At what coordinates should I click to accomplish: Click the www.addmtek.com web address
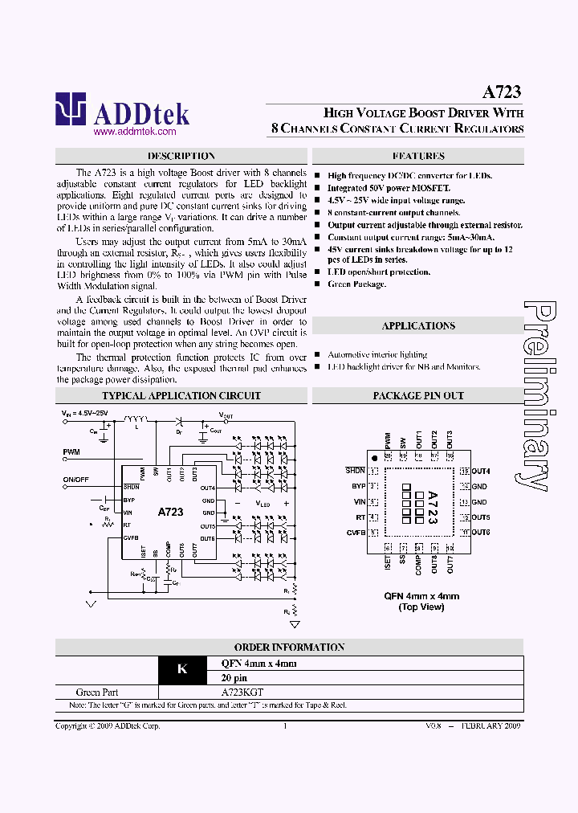[124, 131]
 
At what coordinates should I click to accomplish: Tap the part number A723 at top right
[502, 92]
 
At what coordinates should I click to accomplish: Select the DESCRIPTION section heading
[181, 156]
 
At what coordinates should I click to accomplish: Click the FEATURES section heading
[418, 156]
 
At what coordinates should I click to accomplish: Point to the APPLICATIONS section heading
[418, 325]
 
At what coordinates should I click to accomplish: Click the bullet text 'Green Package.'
[356, 284]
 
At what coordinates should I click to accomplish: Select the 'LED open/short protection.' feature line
[379, 272]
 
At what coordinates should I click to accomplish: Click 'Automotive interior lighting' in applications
[377, 354]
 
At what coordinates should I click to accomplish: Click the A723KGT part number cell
[241, 692]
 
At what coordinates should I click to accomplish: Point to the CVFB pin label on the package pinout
[356, 532]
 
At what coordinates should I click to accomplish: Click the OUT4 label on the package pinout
[480, 471]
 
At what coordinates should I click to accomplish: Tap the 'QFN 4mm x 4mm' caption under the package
[421, 596]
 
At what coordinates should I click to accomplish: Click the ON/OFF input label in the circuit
[77, 480]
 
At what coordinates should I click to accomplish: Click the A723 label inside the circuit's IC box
[170, 512]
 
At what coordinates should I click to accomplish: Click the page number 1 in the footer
[285, 725]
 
